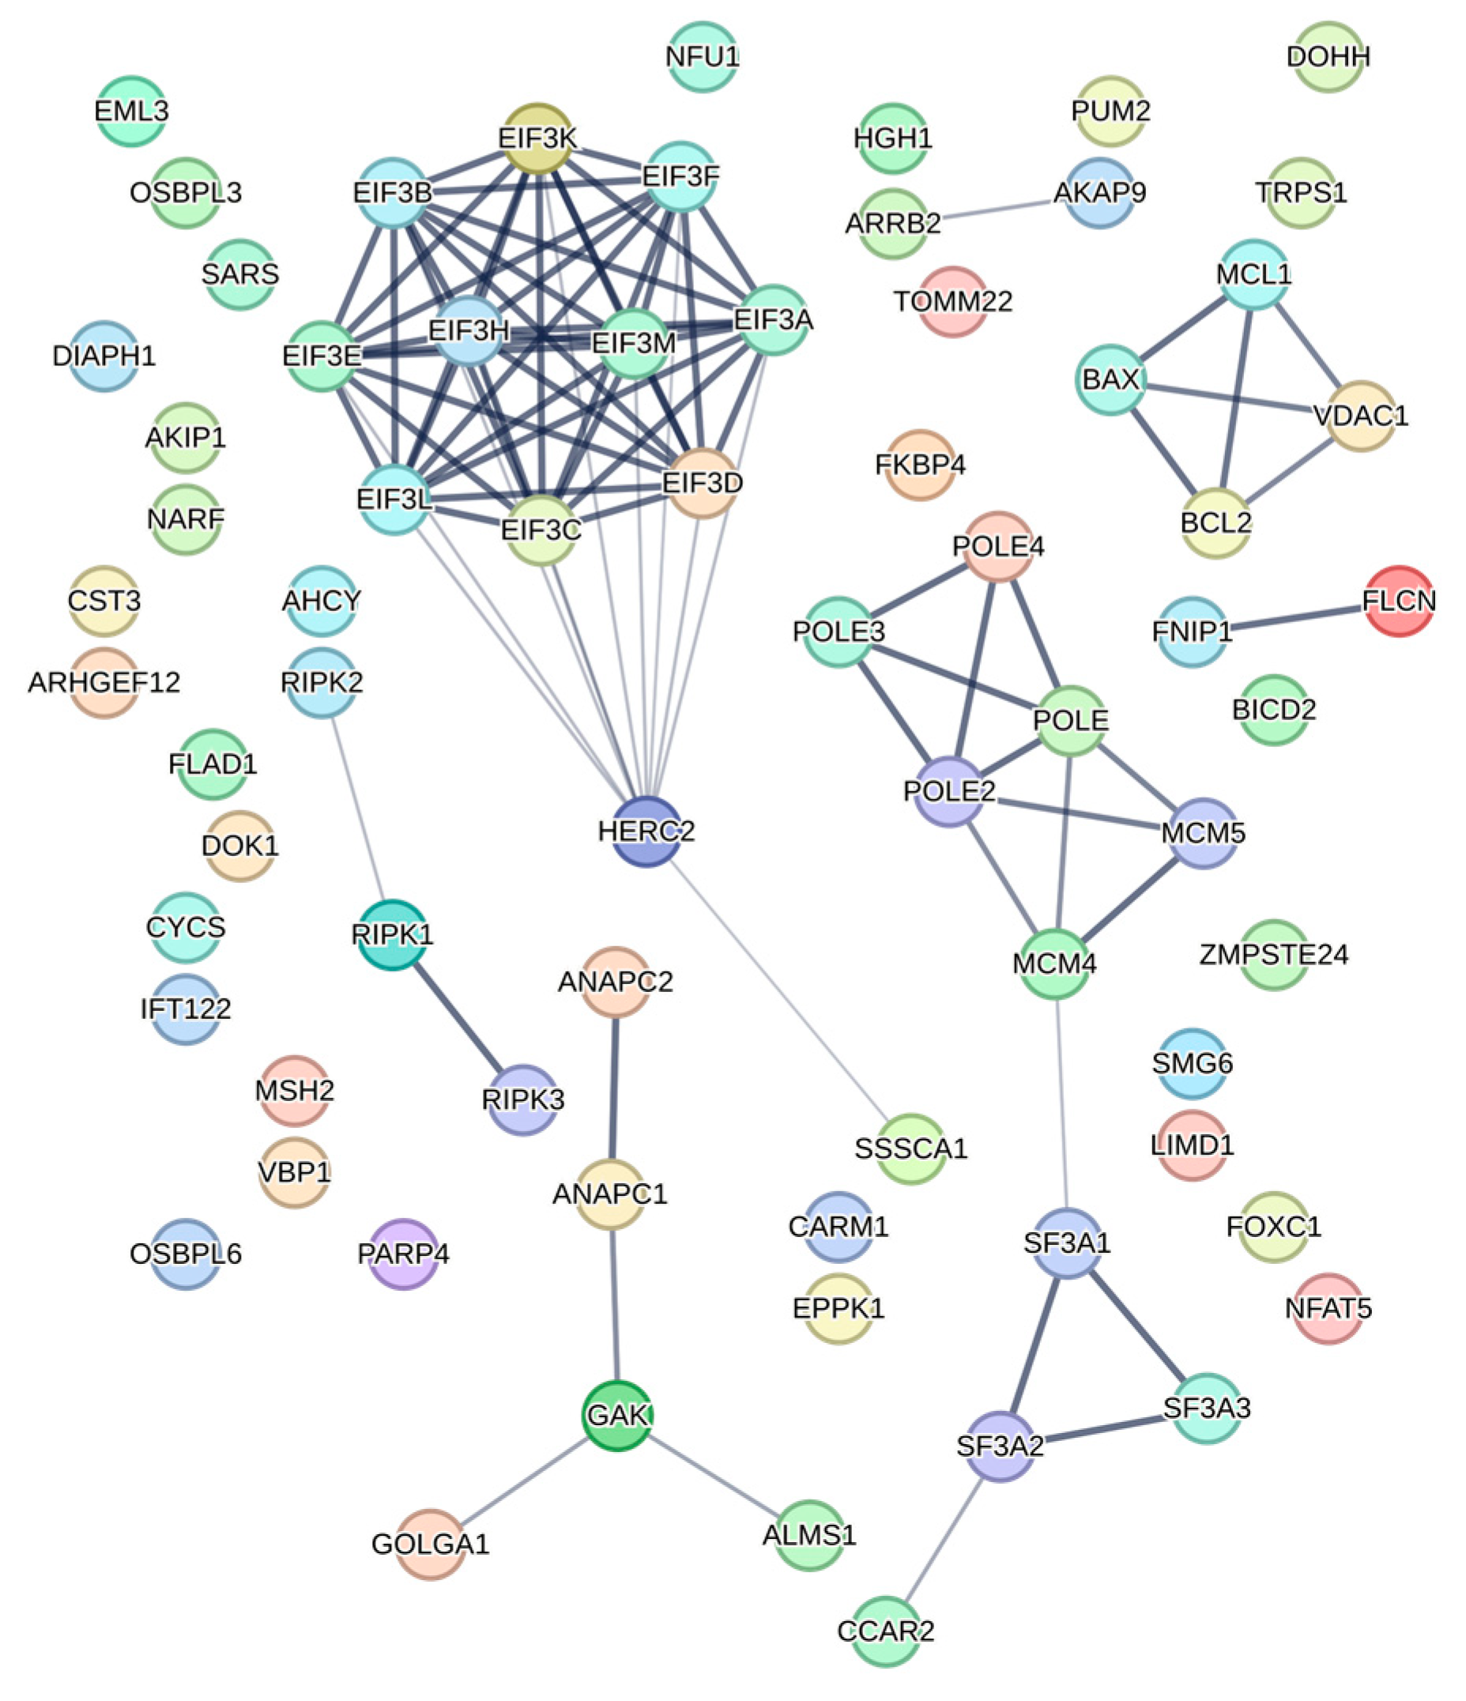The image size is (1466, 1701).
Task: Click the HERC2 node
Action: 646,832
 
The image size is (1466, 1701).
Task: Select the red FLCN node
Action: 1398,602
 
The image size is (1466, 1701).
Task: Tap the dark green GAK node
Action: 617,1416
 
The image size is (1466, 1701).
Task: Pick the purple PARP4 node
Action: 403,1254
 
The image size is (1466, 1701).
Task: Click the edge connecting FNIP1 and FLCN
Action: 1295,617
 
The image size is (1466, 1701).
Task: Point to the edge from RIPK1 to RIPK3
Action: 458,1017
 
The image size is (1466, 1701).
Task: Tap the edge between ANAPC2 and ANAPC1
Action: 613,1088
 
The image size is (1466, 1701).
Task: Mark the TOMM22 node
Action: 952,301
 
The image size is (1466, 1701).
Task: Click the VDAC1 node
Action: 1360,416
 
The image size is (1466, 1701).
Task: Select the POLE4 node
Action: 997,547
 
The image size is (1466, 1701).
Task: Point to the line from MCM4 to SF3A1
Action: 1061,1103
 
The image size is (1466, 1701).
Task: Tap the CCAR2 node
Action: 886,1631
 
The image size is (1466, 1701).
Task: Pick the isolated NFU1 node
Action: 702,57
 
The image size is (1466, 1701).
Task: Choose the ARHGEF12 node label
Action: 104,682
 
